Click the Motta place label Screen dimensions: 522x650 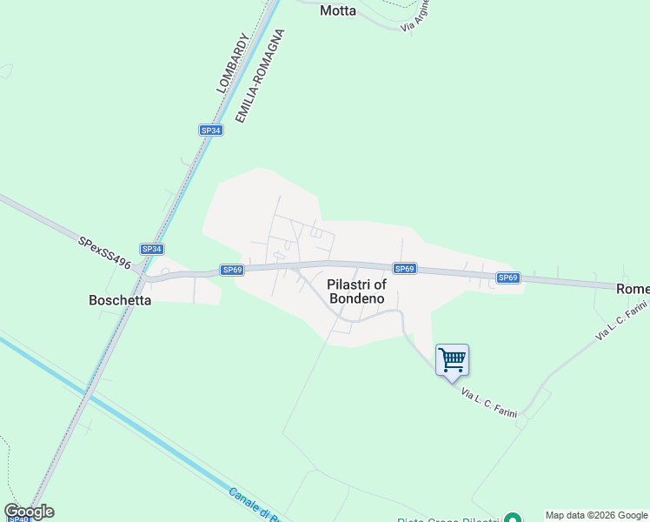338,11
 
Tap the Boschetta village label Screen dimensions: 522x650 120,300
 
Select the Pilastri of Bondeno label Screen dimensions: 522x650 356,291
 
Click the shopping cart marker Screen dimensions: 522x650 452,359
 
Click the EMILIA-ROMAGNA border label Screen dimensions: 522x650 260,76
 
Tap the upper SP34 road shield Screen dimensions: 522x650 210,130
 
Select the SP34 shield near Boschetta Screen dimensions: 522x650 152,249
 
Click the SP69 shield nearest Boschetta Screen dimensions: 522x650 231,270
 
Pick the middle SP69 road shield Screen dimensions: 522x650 405,269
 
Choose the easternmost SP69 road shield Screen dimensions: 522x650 508,278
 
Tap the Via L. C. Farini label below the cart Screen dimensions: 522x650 489,404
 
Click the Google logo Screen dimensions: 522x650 29,512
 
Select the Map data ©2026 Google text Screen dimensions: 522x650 597,515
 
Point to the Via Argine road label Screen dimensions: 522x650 415,17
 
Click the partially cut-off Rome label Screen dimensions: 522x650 633,288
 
